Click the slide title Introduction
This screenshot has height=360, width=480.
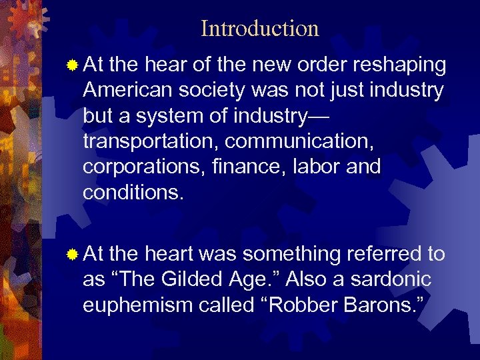(x=259, y=29)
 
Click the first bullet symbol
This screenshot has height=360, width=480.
(x=72, y=65)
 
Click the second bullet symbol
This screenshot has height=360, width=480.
(x=72, y=254)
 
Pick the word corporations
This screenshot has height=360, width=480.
(x=139, y=167)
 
